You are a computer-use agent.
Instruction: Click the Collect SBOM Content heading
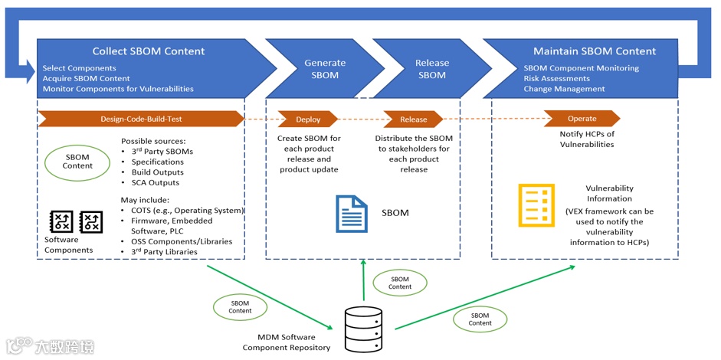[x=149, y=51]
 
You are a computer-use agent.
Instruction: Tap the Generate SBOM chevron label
[x=325, y=69]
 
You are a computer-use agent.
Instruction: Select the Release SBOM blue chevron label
[x=431, y=69]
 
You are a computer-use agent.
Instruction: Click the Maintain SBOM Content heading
[x=595, y=51]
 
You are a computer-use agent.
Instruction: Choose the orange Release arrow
[x=413, y=119]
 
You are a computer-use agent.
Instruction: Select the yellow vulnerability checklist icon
[x=536, y=205]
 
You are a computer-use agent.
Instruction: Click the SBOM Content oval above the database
[x=400, y=283]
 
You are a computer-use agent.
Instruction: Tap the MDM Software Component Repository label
[x=287, y=342]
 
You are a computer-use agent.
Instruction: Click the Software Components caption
[x=68, y=245]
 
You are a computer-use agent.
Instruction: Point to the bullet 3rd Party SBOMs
[x=162, y=152]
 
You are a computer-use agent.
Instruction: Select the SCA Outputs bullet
[x=155, y=182]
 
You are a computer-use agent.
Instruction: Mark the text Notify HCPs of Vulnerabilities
[x=586, y=139]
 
